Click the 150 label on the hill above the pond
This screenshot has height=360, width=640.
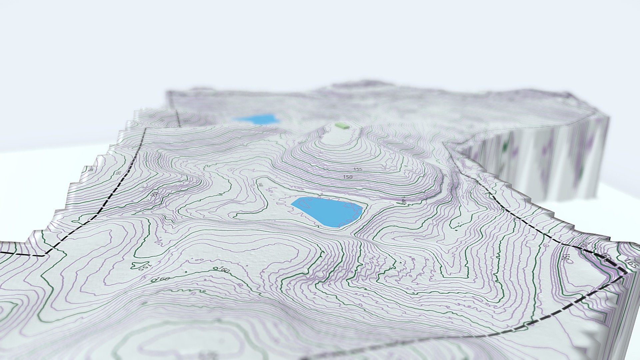point(347,177)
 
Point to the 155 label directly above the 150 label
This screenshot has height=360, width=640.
point(358,169)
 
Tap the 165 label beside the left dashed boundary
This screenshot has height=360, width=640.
point(119,173)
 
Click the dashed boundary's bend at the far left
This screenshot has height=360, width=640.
point(44,256)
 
